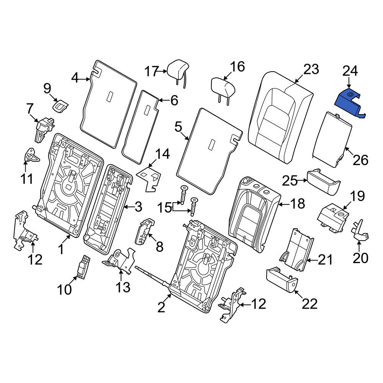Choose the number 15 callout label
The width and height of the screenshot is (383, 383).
[x=164, y=208]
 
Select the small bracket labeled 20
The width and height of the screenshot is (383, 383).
[x=360, y=231]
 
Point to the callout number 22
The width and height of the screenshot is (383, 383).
[x=310, y=304]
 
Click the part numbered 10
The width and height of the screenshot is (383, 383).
[x=83, y=267]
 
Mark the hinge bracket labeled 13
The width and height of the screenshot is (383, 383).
[x=119, y=260]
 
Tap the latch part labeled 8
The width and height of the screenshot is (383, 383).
[x=144, y=231]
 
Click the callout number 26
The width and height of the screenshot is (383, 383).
[x=360, y=160]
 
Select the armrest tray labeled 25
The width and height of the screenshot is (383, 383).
[x=324, y=182]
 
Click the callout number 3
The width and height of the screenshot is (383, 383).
[x=139, y=207]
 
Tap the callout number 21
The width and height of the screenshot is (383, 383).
[x=325, y=260]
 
